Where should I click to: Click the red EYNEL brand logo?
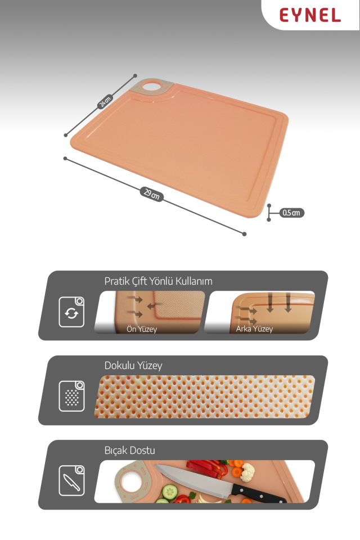[310, 16]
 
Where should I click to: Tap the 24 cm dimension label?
[105, 102]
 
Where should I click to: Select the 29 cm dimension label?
[151, 194]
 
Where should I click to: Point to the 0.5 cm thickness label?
[291, 213]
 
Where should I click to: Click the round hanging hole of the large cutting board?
[151, 86]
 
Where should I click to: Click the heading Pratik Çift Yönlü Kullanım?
[158, 281]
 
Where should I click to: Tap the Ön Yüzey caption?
[142, 329]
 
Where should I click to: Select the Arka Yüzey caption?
[254, 329]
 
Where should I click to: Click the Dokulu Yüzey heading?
[133, 366]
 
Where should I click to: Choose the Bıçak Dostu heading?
[129, 451]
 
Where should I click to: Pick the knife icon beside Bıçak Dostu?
[71, 480]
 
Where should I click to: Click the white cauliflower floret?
[247, 472]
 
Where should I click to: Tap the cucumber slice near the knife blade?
[170, 492]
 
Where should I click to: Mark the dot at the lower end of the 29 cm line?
[244, 234]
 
